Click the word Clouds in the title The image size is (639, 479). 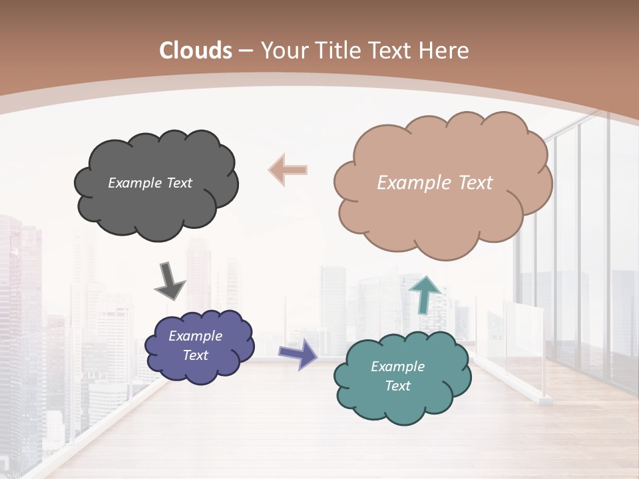(196, 51)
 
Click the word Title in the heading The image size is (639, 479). (336, 51)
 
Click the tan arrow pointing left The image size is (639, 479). (288, 170)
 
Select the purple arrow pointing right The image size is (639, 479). (298, 353)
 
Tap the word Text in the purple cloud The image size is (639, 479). (196, 355)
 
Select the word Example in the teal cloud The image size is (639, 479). (397, 367)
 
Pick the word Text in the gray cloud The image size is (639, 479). (178, 183)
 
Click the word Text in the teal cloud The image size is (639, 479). (397, 386)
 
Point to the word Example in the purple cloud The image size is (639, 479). (196, 336)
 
